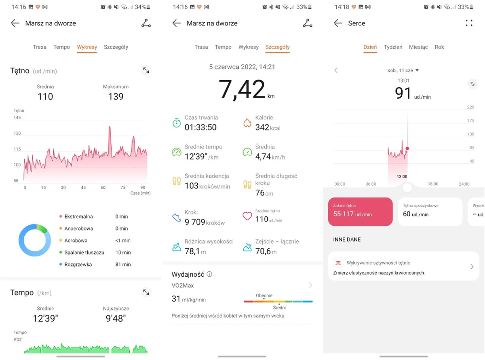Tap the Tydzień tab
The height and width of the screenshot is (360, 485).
pyautogui.click(x=393, y=47)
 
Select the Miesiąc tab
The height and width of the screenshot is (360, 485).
pyautogui.click(x=418, y=47)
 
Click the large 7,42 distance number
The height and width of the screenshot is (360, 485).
pyautogui.click(x=242, y=89)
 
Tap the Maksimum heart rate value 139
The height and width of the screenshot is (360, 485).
pyautogui.click(x=116, y=96)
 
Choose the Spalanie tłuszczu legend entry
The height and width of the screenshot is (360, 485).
pyautogui.click(x=84, y=252)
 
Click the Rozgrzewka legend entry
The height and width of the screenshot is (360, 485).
pyautogui.click(x=78, y=265)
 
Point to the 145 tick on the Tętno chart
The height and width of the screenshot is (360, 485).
pyautogui.click(x=17, y=118)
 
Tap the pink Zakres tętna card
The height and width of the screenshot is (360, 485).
pyautogui.click(x=360, y=211)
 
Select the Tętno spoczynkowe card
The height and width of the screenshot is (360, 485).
pyautogui.click(x=430, y=211)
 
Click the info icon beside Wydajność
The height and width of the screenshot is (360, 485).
pyautogui.click(x=209, y=274)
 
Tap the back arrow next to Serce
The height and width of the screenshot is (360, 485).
pyautogui.click(x=338, y=23)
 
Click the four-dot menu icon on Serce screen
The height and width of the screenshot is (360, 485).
pyautogui.click(x=469, y=23)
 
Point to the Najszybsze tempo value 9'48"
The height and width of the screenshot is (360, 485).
pyautogui.click(x=116, y=318)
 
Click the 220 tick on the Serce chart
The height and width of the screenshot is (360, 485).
pyautogui.click(x=470, y=108)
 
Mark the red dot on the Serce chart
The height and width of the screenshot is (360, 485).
pyautogui.click(x=407, y=148)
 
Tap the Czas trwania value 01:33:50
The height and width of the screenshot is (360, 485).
pyautogui.click(x=200, y=127)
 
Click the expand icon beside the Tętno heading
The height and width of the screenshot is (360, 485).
pyautogui.click(x=146, y=70)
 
